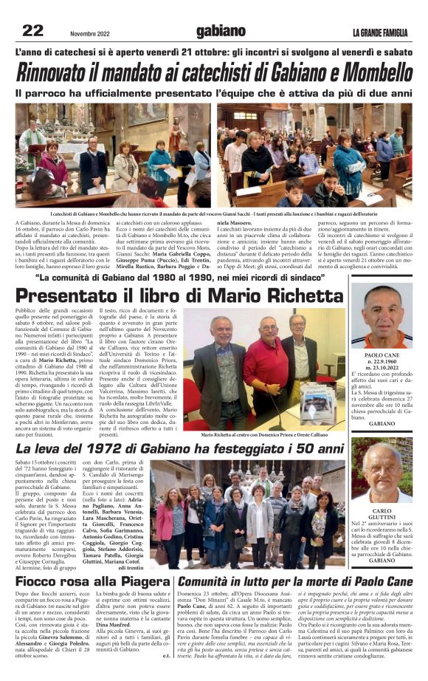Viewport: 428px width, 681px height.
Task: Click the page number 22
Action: (32, 30)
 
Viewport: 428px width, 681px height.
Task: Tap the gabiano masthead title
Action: (221, 31)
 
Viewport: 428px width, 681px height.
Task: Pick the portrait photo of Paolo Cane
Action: (388, 318)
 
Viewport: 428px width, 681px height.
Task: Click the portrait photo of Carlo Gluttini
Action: (388, 472)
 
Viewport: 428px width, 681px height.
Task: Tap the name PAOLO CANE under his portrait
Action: (387, 355)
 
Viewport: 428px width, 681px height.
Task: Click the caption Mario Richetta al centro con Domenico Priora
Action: (275, 436)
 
